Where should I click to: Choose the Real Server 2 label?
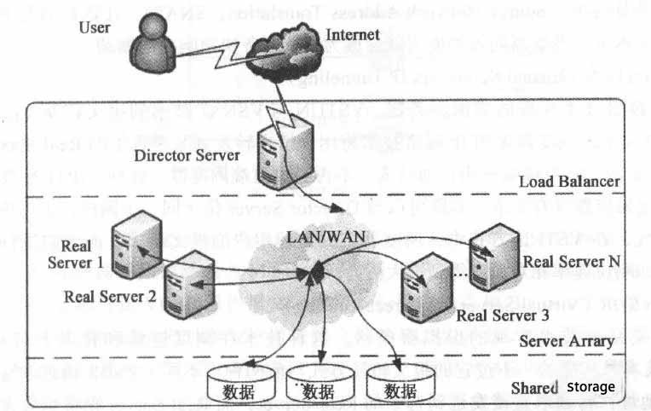coord(110,297)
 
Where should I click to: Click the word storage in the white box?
coord(590,387)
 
